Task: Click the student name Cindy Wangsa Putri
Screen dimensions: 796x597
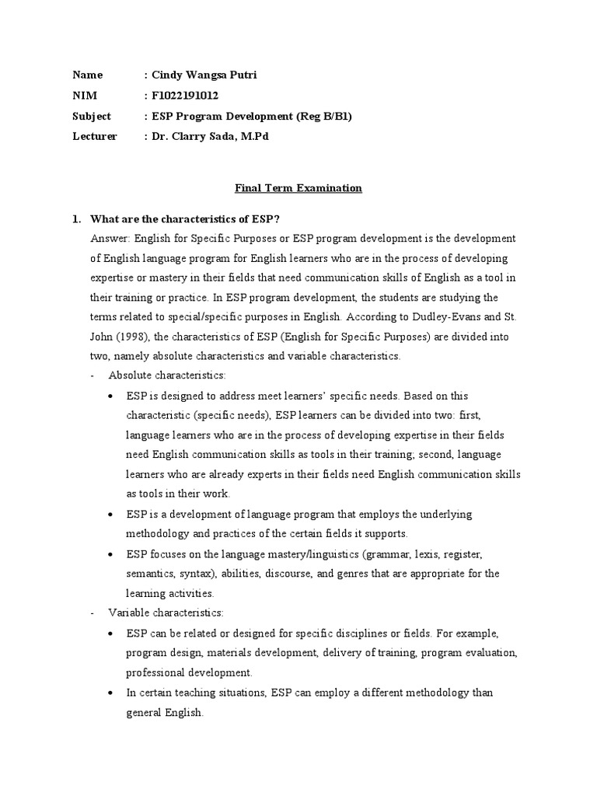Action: tap(200, 75)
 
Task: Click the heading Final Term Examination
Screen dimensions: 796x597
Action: tap(299, 188)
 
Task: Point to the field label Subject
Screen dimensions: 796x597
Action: tap(92, 116)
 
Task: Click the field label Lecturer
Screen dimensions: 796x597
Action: tap(95, 136)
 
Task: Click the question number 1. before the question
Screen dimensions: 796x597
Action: tap(77, 218)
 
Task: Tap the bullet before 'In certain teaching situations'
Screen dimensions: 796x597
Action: tap(113, 693)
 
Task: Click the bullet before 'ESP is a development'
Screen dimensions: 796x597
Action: tap(113, 515)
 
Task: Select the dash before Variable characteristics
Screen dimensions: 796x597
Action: tap(93, 613)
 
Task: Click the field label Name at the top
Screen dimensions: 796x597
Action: tap(87, 75)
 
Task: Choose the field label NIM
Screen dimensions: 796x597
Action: tap(83, 96)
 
